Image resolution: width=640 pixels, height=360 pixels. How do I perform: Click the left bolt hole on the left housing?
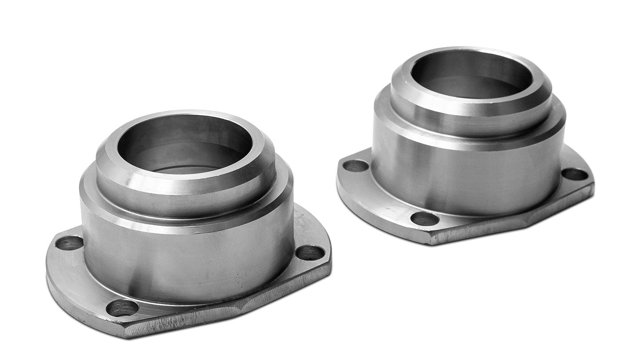click(x=69, y=243)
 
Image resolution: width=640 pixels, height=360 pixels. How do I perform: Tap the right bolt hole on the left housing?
click(x=310, y=252)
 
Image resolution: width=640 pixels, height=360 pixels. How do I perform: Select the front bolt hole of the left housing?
click(x=122, y=308)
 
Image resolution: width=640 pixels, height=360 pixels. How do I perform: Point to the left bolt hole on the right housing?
click(x=356, y=166)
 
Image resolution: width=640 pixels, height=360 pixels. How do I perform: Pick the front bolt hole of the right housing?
click(x=425, y=218)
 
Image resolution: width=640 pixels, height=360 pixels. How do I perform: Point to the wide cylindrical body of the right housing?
click(x=467, y=178)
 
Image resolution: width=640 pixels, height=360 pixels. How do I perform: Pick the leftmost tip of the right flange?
click(x=337, y=178)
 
